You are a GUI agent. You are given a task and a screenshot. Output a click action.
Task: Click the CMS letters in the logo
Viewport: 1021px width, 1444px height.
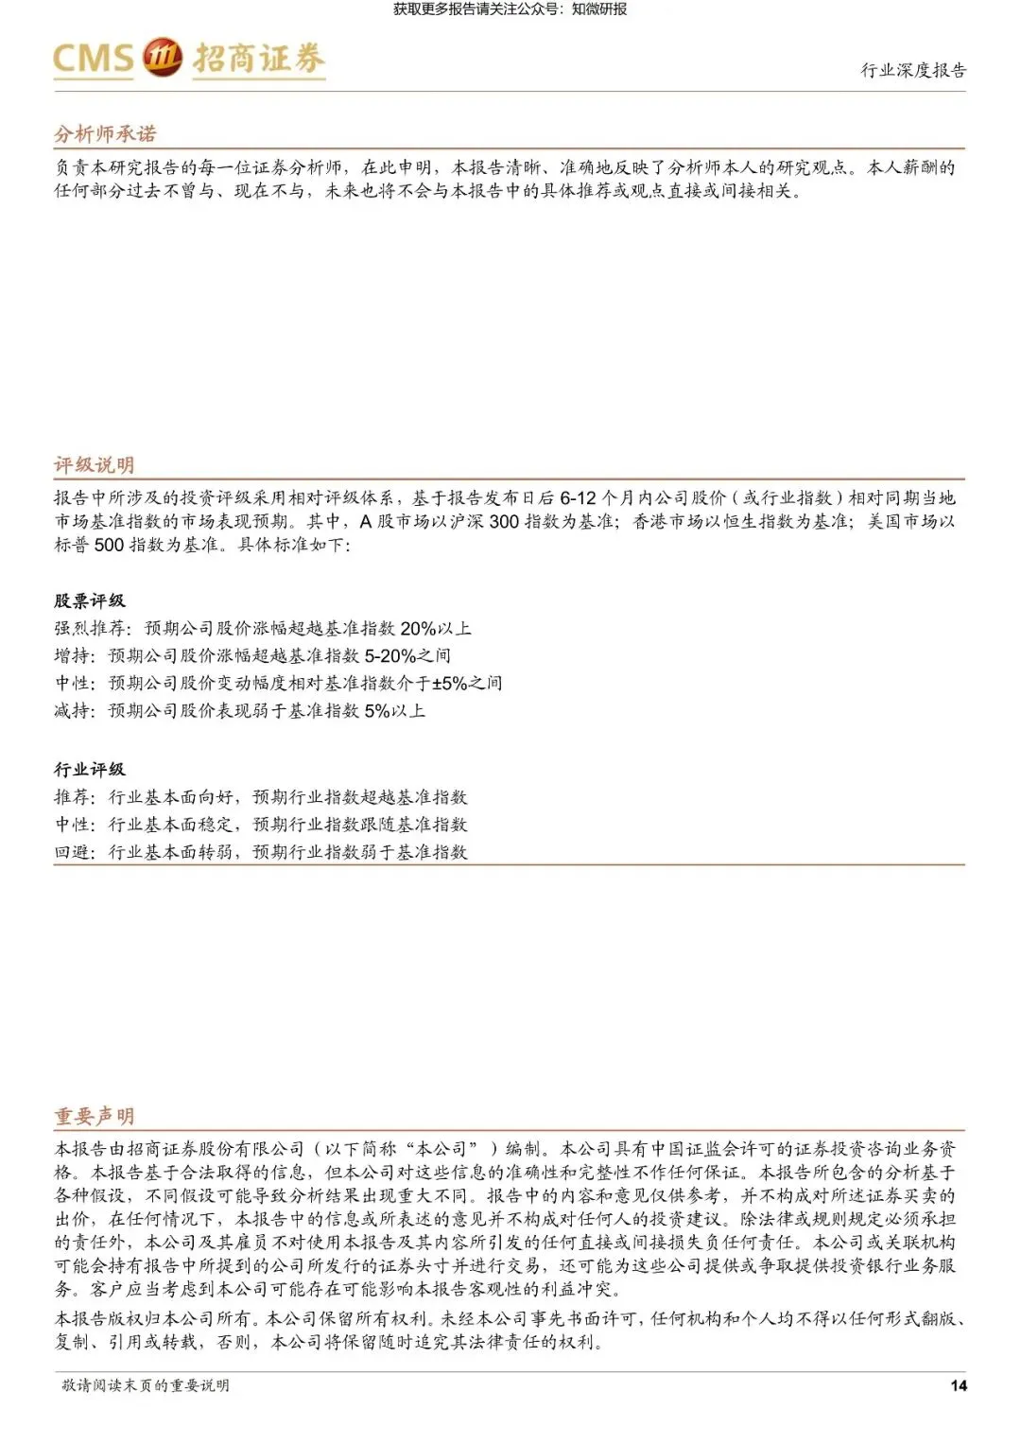coord(93,59)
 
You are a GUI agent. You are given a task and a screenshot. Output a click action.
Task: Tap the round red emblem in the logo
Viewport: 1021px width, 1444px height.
coord(162,58)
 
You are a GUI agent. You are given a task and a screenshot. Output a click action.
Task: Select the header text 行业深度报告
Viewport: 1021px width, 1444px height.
coord(912,70)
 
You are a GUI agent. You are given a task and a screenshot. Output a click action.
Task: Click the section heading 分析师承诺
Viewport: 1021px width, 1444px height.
coord(105,133)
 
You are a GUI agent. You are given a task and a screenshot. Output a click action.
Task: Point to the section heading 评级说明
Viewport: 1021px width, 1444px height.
coord(94,464)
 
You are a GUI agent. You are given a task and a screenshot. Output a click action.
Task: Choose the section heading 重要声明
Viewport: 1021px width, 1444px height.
coord(94,1116)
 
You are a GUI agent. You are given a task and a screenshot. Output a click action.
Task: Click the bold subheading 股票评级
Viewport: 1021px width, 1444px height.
coord(89,600)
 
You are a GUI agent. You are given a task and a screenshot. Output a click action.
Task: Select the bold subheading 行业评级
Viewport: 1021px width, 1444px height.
coord(89,769)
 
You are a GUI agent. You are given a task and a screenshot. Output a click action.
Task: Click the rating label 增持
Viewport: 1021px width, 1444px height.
coord(71,655)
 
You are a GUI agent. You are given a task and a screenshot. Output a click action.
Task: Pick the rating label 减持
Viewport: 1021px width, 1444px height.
coord(71,710)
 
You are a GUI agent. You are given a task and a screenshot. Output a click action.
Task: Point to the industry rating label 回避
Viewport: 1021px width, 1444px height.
coord(71,851)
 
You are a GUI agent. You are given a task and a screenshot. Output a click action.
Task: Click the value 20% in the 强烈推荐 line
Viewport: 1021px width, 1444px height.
coord(418,628)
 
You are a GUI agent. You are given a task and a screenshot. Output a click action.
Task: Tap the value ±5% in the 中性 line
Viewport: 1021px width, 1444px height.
coord(450,683)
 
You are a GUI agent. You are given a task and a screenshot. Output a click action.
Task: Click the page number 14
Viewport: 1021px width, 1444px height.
coord(958,1385)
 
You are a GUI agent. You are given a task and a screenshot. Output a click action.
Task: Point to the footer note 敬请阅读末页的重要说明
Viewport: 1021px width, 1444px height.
coord(146,1385)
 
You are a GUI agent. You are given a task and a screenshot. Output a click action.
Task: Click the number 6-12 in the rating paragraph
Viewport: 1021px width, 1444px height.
coord(578,497)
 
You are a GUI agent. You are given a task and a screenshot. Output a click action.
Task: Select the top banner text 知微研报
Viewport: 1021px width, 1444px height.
coord(599,9)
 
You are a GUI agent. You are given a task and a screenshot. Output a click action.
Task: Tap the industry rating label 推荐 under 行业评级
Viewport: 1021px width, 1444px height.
coord(71,796)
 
